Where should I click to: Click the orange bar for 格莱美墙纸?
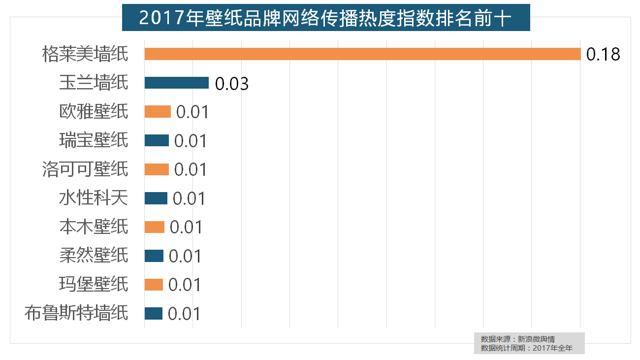click(362, 54)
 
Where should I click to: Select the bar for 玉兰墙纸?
click(176, 83)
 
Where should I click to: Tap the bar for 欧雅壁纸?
click(158, 112)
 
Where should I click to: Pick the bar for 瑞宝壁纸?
click(157, 140)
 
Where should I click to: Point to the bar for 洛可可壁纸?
click(157, 169)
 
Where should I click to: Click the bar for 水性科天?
click(156, 198)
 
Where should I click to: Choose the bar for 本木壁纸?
click(154, 227)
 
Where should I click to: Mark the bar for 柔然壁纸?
click(154, 256)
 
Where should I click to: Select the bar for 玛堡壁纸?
click(154, 285)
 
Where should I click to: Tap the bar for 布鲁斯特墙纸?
click(153, 314)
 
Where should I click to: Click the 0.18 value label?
click(603, 54)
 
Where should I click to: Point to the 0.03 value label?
click(232, 83)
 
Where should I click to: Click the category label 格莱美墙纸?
click(85, 54)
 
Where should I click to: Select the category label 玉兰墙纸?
click(94, 83)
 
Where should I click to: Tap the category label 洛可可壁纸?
click(85, 169)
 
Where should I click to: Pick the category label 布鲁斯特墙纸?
click(76, 314)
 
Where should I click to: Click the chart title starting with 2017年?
click(325, 18)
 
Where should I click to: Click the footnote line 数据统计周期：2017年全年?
click(526, 348)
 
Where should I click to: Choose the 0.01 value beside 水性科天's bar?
click(189, 198)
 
